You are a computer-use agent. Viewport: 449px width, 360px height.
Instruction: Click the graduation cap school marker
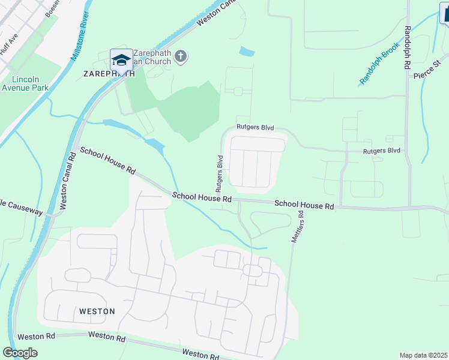coord(121,60)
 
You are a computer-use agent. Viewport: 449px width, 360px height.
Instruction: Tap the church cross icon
coord(181,57)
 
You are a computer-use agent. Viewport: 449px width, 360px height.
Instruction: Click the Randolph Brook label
coord(379,67)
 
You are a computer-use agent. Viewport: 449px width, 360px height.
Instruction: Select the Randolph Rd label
coord(408,46)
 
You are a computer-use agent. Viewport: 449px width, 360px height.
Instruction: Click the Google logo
coord(20,352)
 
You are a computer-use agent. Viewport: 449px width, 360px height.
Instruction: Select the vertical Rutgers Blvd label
coord(220,170)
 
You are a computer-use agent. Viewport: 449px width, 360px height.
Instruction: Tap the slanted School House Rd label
coord(107,160)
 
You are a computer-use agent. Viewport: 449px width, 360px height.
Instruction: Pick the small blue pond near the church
coord(246,52)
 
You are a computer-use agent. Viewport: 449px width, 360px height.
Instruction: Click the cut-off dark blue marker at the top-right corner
coord(444,12)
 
